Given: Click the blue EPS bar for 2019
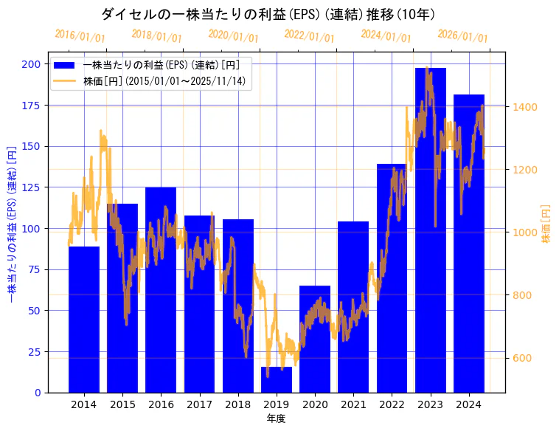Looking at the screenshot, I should coord(277,379).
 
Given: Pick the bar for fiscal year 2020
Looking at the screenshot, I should coord(315,339).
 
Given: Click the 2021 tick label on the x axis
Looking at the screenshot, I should coord(353,404).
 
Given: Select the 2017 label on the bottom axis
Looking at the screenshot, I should coord(199,404).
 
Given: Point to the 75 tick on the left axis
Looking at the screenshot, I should coord(34,269).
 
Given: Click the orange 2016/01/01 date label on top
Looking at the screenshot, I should coord(80,35).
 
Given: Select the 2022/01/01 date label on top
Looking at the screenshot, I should coord(309,36).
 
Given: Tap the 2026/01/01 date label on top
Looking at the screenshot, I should coord(462,35).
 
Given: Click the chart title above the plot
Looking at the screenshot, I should coord(268,14).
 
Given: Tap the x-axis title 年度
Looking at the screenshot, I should coord(276,418).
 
